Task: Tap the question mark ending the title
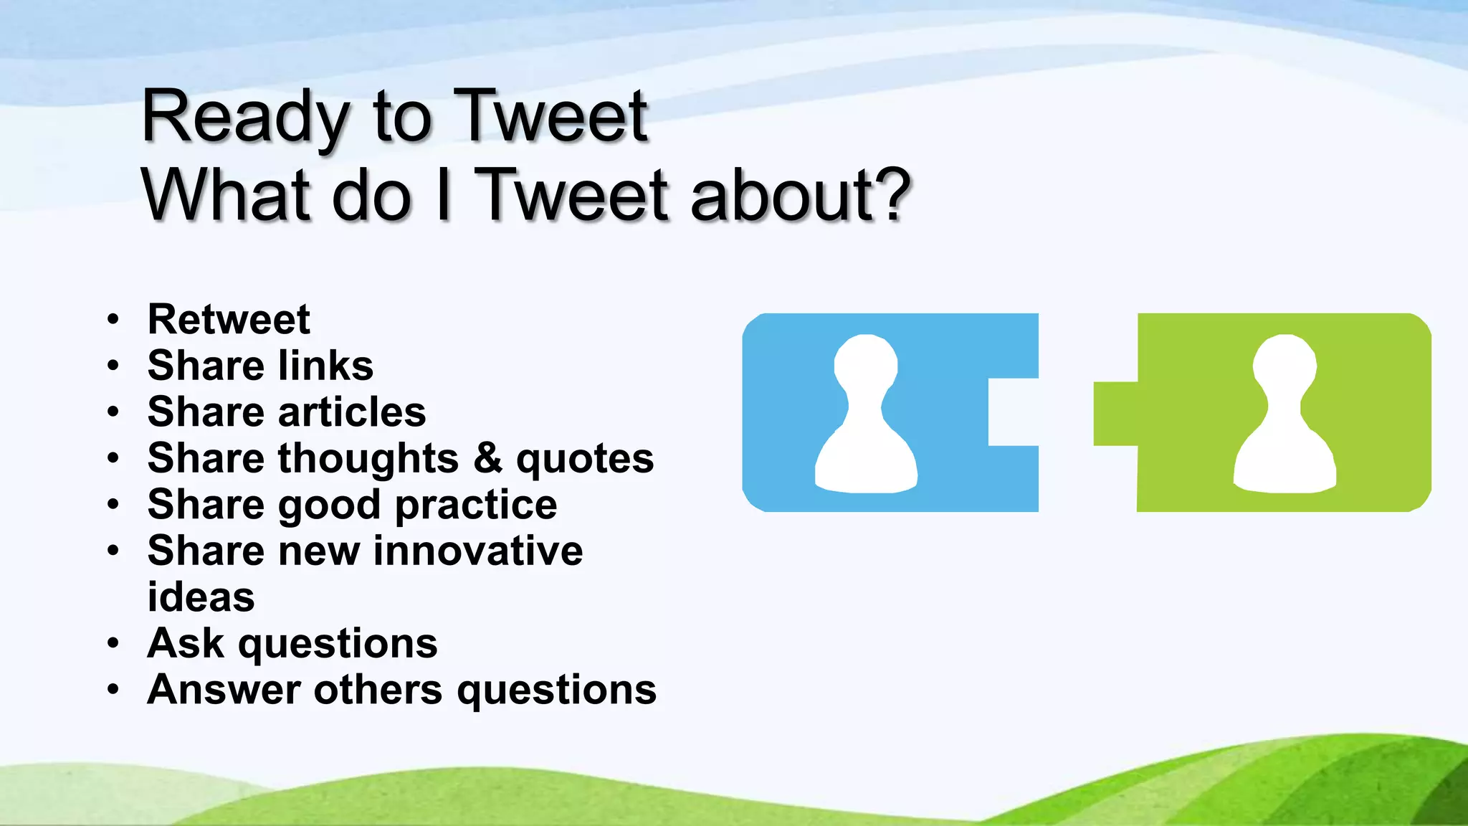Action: pos(893,195)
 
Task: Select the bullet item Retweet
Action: pos(229,319)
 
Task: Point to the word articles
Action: pos(352,412)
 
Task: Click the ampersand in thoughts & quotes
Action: pos(487,458)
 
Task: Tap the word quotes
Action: pos(585,460)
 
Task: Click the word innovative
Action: pos(478,551)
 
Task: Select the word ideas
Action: pos(201,597)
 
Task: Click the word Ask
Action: pos(185,643)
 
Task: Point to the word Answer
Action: pos(223,690)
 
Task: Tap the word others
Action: pos(378,690)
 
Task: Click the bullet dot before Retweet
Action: pos(113,320)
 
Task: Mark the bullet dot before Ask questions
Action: pos(113,644)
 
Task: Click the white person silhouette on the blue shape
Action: pos(866,416)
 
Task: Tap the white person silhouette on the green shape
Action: pos(1284,416)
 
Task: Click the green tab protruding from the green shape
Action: pos(1115,414)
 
